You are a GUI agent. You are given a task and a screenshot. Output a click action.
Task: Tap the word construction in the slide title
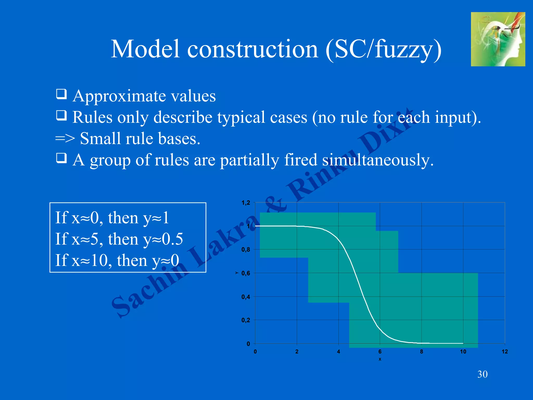pyautogui.click(x=252, y=49)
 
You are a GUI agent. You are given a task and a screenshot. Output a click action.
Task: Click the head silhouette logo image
pyautogui.click(x=498, y=39)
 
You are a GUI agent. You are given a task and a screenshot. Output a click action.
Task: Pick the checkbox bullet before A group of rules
pyautogui.click(x=61, y=158)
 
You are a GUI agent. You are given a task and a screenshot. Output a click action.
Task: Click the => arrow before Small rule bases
pyautogui.click(x=65, y=139)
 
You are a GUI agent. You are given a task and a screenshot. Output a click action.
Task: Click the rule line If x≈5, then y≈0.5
pyautogui.click(x=119, y=239)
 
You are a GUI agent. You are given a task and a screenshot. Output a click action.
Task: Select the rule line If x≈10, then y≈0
pyautogui.click(x=117, y=260)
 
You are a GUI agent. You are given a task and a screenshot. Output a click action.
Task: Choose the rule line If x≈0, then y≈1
pyautogui.click(x=112, y=218)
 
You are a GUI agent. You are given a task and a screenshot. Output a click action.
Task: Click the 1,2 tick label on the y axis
pyautogui.click(x=245, y=203)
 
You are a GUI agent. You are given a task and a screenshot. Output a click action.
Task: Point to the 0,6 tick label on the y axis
pyautogui.click(x=245, y=273)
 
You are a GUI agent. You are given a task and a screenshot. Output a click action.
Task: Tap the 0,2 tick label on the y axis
pyautogui.click(x=245, y=320)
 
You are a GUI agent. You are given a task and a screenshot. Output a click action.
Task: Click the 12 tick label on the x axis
pyautogui.click(x=505, y=352)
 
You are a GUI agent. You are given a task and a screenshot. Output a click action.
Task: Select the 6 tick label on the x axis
pyautogui.click(x=380, y=352)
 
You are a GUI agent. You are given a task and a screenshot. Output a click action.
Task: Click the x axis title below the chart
pyautogui.click(x=380, y=359)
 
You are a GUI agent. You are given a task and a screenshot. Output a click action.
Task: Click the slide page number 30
pyautogui.click(x=482, y=374)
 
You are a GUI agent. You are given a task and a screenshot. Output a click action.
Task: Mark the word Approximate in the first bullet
pyautogui.click(x=119, y=96)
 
